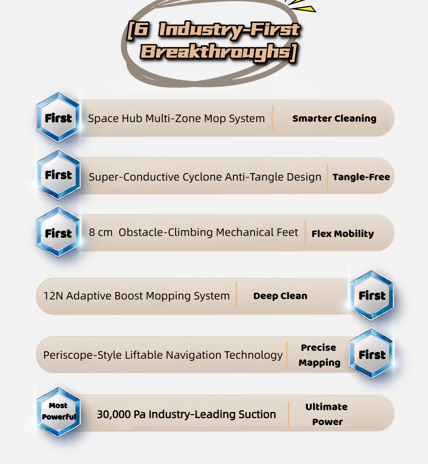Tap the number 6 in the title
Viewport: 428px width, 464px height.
tap(142, 29)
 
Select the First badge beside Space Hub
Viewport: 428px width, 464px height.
tap(58, 118)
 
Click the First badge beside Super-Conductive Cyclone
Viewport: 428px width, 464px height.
tap(58, 175)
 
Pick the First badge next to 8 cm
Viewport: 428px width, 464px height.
tap(58, 233)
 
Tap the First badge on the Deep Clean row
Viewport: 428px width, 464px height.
tap(372, 296)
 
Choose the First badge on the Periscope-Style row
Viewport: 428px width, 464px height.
tap(372, 354)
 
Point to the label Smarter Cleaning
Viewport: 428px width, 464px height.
tap(334, 118)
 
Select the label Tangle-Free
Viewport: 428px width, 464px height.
tap(361, 177)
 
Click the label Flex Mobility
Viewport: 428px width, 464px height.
tap(342, 234)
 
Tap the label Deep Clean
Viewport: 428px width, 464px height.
tap(280, 296)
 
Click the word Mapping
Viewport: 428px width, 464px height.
tap(319, 363)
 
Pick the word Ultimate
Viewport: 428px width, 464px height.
tap(326, 407)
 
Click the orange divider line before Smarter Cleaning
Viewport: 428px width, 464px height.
tap(272, 118)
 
